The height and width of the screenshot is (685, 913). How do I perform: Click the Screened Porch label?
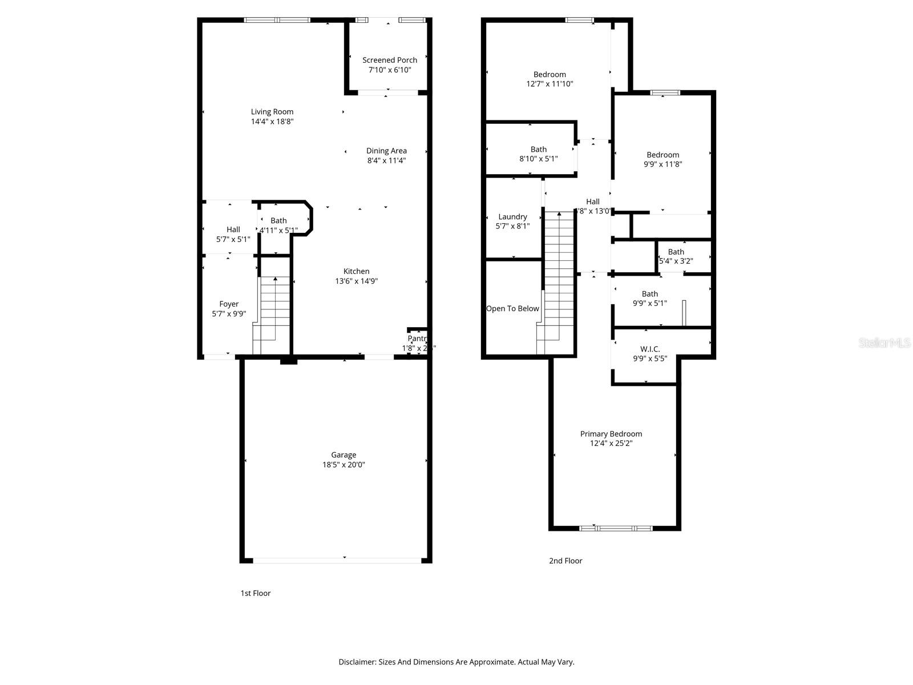click(390, 60)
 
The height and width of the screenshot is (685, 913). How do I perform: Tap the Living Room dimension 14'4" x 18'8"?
click(272, 122)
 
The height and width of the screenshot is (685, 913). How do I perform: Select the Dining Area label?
click(386, 151)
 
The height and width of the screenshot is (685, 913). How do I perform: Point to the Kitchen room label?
click(356, 271)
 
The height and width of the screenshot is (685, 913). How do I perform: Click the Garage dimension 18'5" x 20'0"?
click(344, 465)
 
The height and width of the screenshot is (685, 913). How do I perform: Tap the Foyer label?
click(229, 304)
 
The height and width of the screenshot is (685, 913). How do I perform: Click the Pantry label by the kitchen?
click(417, 339)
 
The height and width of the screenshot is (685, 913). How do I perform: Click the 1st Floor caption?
click(255, 593)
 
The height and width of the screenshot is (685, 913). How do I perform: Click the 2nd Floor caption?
click(565, 561)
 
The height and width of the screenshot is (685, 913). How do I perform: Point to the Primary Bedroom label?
click(611, 434)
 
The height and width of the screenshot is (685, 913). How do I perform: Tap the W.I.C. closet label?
click(650, 349)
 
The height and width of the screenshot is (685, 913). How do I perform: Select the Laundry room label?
click(512, 217)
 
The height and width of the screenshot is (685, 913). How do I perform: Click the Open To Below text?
click(512, 309)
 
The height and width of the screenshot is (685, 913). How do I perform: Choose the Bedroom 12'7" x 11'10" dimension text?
click(550, 84)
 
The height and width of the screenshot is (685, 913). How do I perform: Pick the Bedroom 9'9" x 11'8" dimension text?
click(663, 164)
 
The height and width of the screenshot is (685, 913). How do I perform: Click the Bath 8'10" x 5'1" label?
click(538, 150)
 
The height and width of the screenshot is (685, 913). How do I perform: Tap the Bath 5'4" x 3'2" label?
click(676, 252)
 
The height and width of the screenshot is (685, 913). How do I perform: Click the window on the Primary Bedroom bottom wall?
click(616, 528)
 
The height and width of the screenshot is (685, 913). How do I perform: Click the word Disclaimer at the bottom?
click(357, 662)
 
